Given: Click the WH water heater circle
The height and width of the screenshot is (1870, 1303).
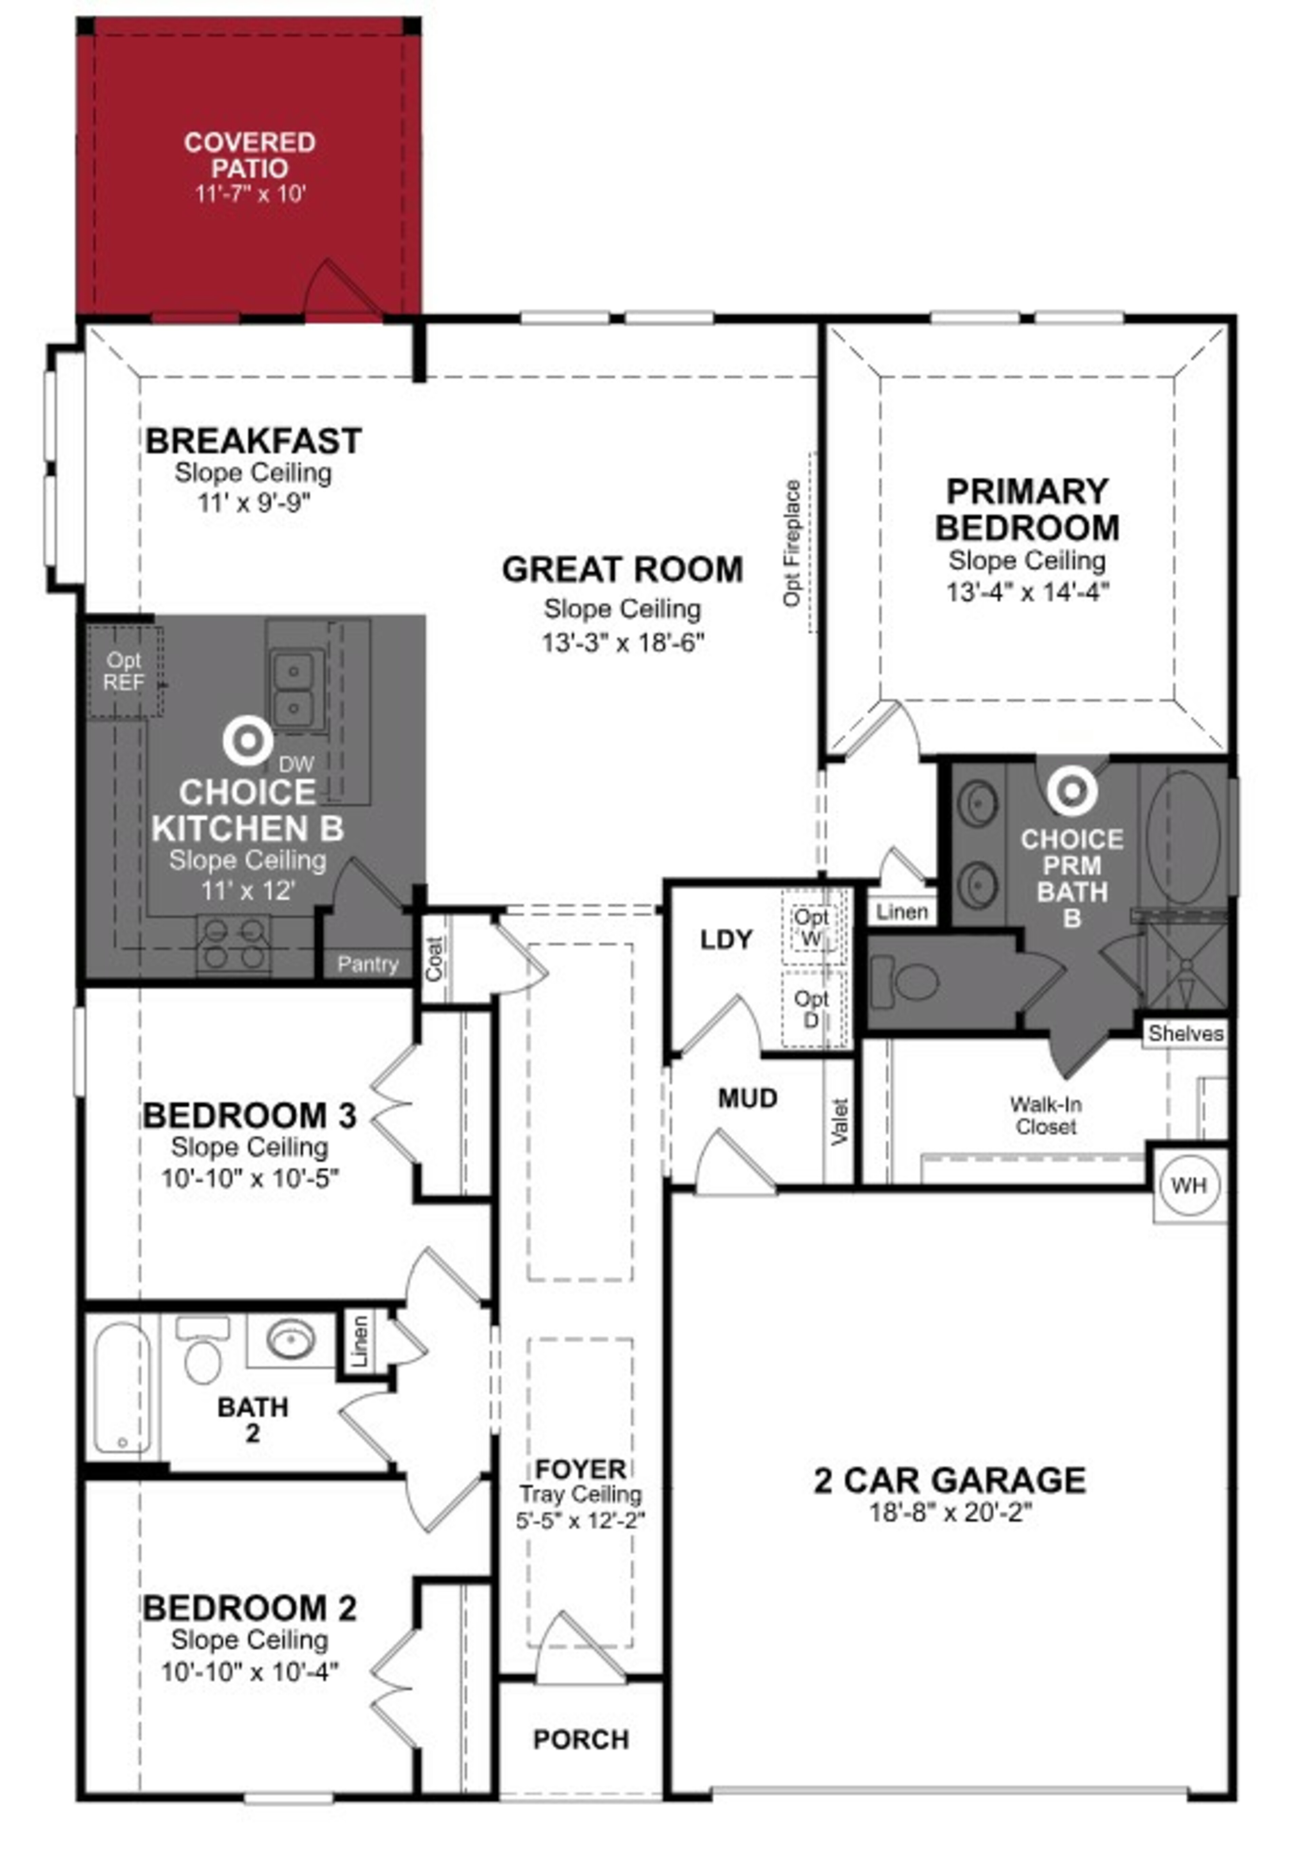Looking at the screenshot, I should click(x=1188, y=1185).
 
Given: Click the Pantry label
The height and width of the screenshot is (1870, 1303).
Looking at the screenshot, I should click(x=367, y=964).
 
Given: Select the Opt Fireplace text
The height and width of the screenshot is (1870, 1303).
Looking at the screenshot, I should click(x=792, y=543).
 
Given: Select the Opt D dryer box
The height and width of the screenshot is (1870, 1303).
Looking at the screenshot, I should click(x=811, y=1008).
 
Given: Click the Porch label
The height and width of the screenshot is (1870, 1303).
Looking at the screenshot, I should click(x=581, y=1740).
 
